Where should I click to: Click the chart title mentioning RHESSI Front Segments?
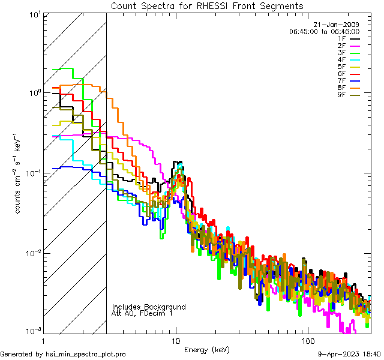[206, 5]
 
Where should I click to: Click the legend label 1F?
[341, 38]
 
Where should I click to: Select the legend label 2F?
[341, 46]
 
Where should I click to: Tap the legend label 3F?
[341, 53]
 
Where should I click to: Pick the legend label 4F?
[341, 60]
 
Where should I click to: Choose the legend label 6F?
[341, 74]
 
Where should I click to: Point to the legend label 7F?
[341, 81]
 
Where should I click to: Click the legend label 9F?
[341, 95]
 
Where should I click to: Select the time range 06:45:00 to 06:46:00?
[324, 31]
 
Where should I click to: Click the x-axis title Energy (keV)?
[207, 350]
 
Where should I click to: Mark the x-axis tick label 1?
[44, 340]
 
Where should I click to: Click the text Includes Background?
[149, 307]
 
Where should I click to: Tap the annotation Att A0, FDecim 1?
[142, 313]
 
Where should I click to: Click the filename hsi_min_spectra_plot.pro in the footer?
[86, 355]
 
